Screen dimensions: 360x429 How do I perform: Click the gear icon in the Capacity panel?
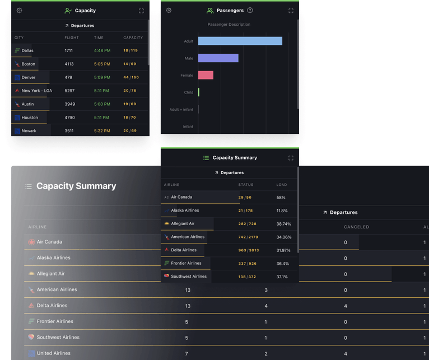(x=20, y=11)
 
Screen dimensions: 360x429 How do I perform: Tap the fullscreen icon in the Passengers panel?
(x=291, y=11)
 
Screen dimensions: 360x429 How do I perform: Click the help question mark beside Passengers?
(x=250, y=11)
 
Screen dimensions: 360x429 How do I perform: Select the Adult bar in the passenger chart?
(x=240, y=41)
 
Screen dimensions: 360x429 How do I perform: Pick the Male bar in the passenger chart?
(x=218, y=58)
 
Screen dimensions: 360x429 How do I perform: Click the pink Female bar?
(x=206, y=75)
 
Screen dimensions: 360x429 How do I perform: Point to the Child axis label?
(x=188, y=92)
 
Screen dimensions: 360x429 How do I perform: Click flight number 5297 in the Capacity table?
(x=69, y=91)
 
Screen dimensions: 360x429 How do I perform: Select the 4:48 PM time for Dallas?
(x=102, y=50)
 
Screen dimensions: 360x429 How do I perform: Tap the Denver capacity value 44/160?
(x=130, y=77)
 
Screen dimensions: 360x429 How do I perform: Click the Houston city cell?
(x=30, y=118)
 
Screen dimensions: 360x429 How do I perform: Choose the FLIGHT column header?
(x=72, y=38)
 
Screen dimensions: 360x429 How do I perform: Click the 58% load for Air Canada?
(x=281, y=198)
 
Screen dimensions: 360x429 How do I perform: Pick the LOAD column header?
(x=281, y=185)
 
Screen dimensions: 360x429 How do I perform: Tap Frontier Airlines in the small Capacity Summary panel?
(x=186, y=263)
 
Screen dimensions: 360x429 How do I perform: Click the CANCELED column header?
(x=356, y=227)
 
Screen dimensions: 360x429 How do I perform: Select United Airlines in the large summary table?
(x=53, y=353)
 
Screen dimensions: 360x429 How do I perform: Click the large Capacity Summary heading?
(x=76, y=186)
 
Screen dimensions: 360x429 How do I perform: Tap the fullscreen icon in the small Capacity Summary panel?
(x=291, y=158)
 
